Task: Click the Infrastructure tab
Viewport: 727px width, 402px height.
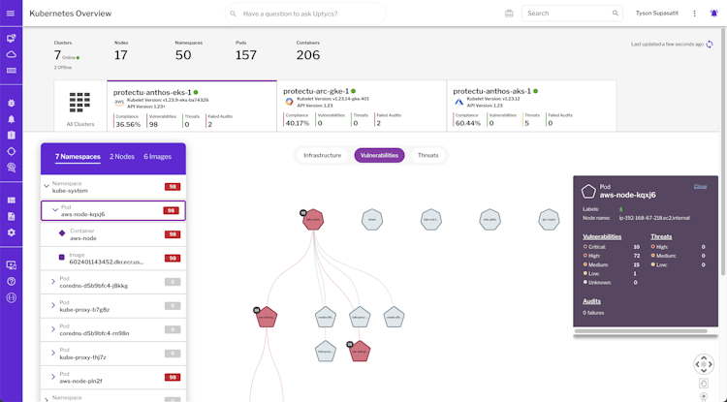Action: click(x=322, y=155)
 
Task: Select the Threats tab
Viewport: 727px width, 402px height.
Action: click(x=427, y=155)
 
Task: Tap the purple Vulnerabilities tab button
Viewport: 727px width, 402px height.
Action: click(x=379, y=155)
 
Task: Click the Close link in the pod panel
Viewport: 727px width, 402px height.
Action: click(x=700, y=186)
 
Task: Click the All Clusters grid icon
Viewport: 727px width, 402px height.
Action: click(x=80, y=103)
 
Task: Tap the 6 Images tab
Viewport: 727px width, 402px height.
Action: click(x=158, y=156)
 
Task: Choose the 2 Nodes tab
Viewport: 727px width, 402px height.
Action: click(x=122, y=156)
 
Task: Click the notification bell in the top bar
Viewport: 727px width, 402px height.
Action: click(x=714, y=14)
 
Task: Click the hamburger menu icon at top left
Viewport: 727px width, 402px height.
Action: click(x=11, y=14)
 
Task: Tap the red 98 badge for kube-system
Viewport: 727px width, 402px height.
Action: click(x=172, y=186)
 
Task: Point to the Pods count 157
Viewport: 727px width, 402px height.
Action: click(x=246, y=55)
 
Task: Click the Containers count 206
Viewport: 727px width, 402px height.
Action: click(x=307, y=55)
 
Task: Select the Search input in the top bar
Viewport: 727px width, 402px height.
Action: click(x=569, y=14)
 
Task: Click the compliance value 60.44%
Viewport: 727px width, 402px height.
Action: click(x=467, y=123)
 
